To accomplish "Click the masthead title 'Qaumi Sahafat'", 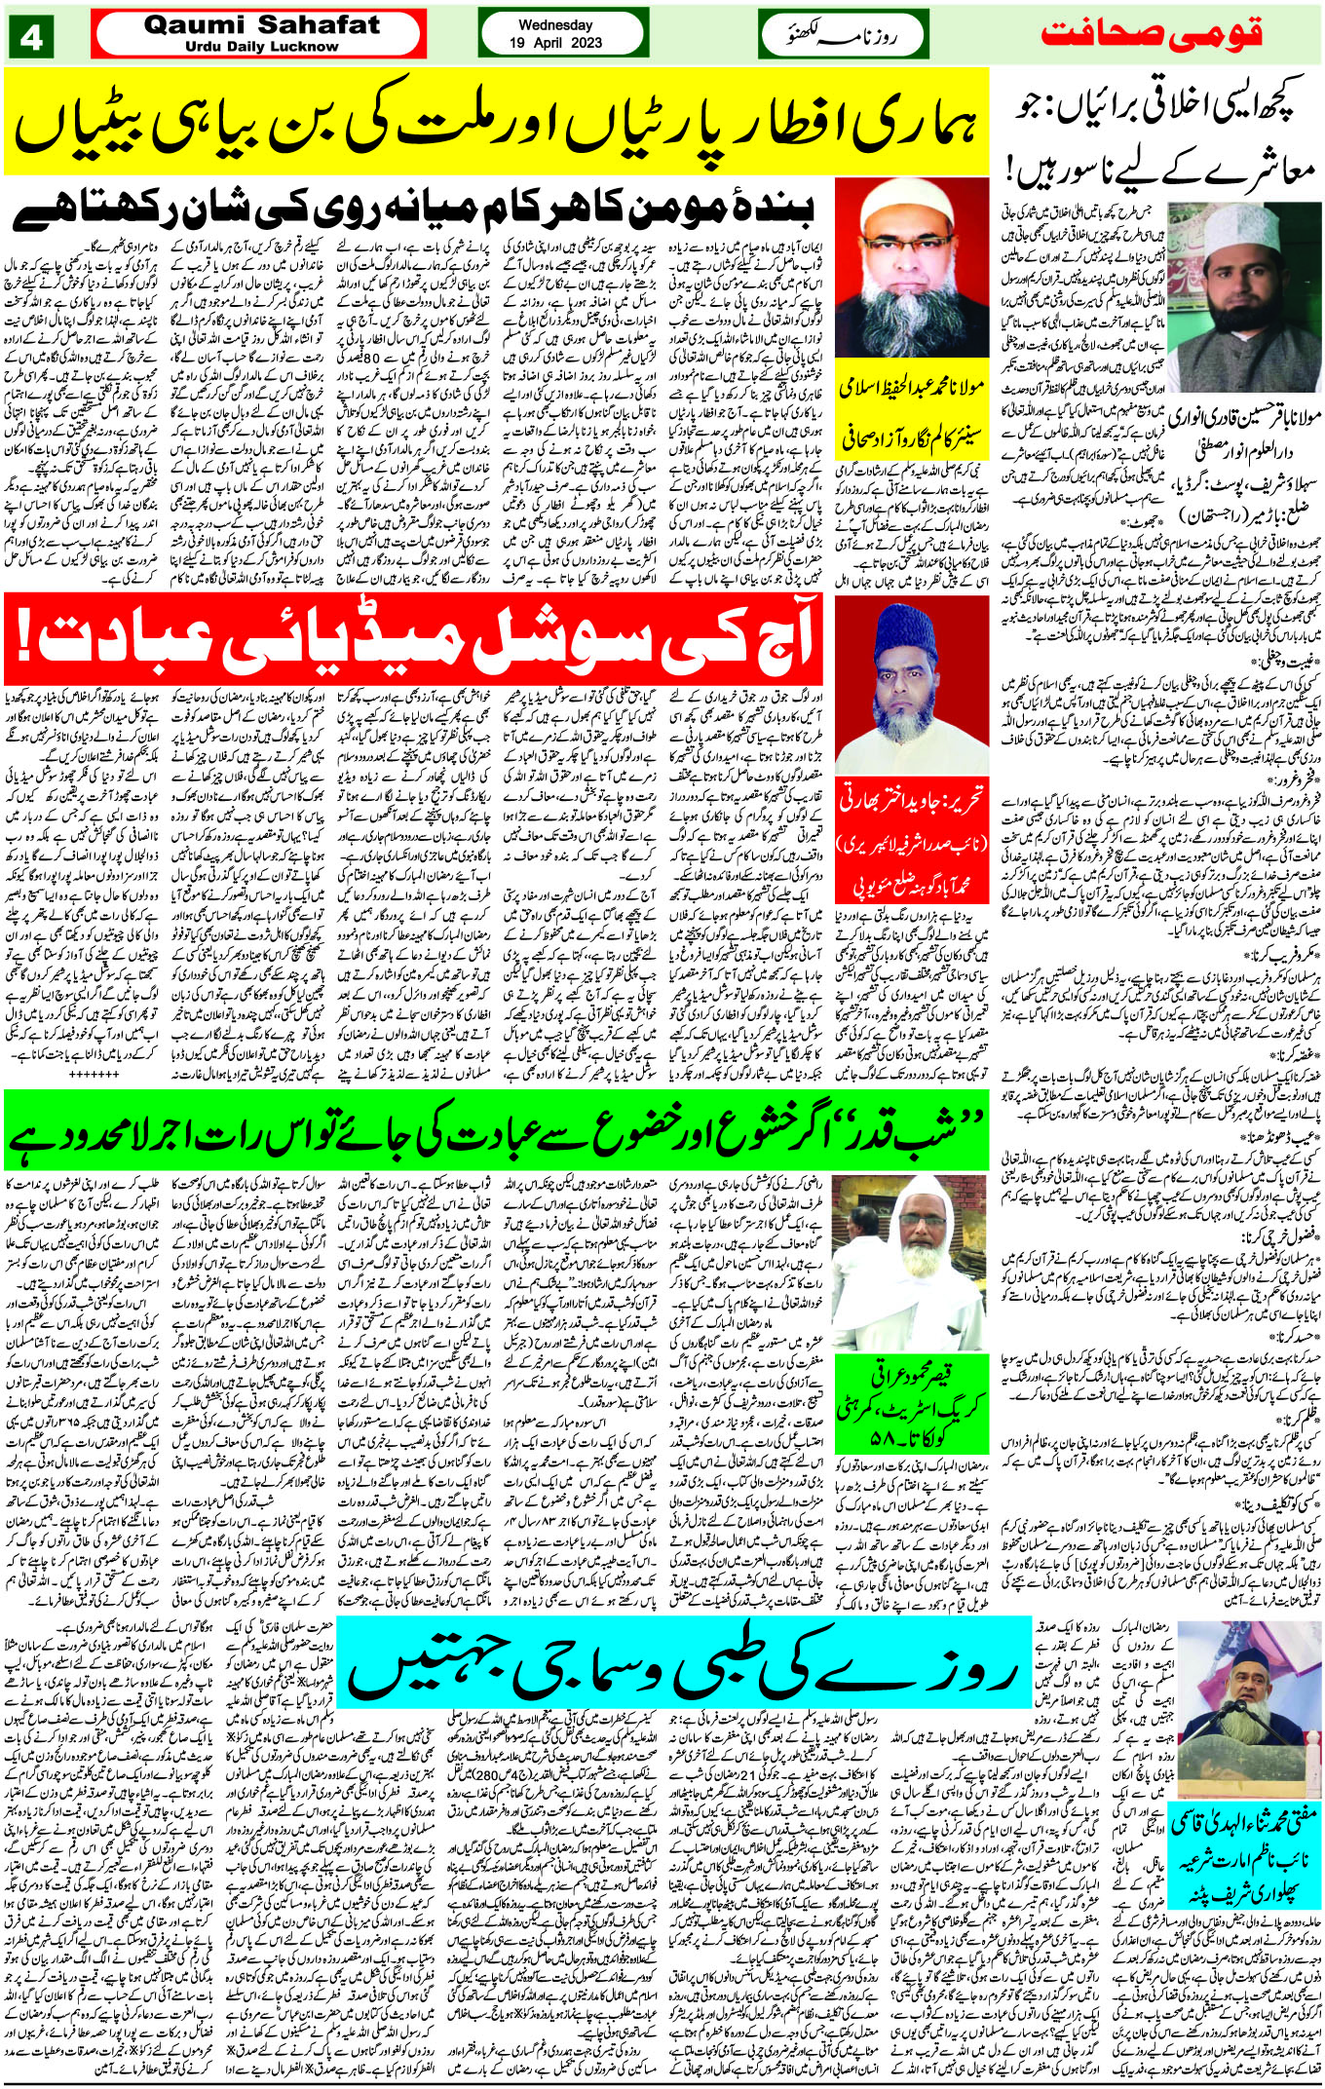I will coord(261,25).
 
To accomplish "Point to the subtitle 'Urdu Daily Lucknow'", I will coord(261,46).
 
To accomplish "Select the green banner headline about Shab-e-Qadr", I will coord(497,1130).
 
